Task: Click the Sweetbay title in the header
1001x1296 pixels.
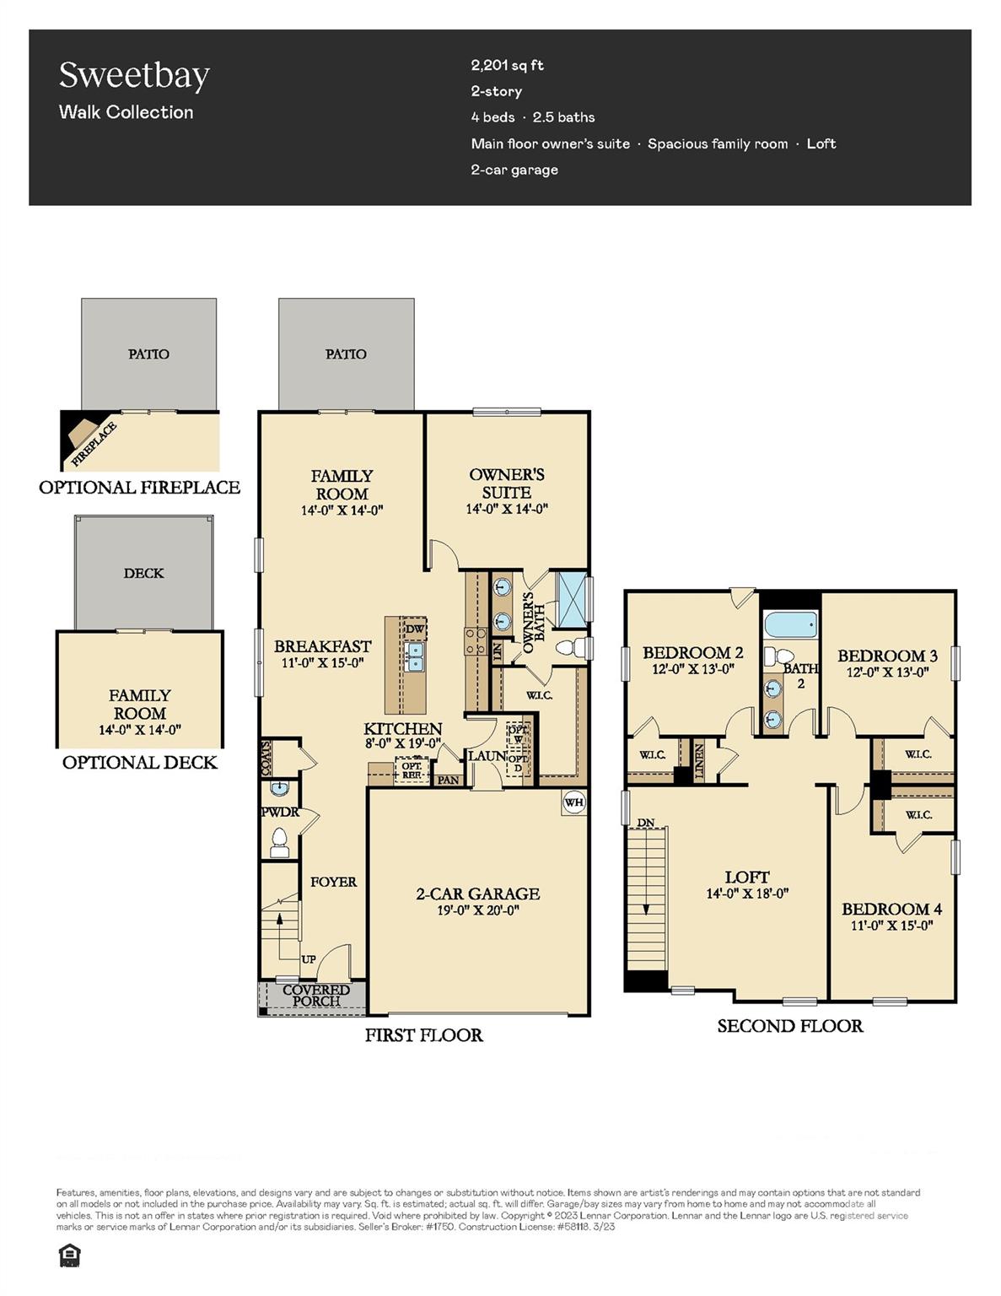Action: click(134, 75)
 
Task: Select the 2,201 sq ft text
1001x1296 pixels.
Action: click(507, 65)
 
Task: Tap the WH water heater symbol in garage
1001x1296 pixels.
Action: click(573, 802)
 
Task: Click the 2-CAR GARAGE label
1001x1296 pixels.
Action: click(477, 894)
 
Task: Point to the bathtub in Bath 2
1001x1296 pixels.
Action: click(790, 626)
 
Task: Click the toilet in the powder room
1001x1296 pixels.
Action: click(278, 840)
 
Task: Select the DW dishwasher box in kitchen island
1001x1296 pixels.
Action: click(414, 629)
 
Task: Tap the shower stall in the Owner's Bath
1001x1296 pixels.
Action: click(571, 599)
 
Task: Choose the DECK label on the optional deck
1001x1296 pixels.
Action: click(143, 573)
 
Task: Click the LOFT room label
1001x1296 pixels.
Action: click(746, 877)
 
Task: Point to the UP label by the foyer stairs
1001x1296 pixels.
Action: click(309, 959)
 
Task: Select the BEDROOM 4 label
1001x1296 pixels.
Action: click(891, 909)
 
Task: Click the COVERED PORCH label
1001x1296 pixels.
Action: click(315, 996)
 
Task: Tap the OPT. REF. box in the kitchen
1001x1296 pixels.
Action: click(412, 769)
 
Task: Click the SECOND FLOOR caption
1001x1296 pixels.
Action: click(789, 1026)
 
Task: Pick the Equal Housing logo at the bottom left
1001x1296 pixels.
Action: click(68, 1256)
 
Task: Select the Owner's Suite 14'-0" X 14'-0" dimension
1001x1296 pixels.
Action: click(507, 509)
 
